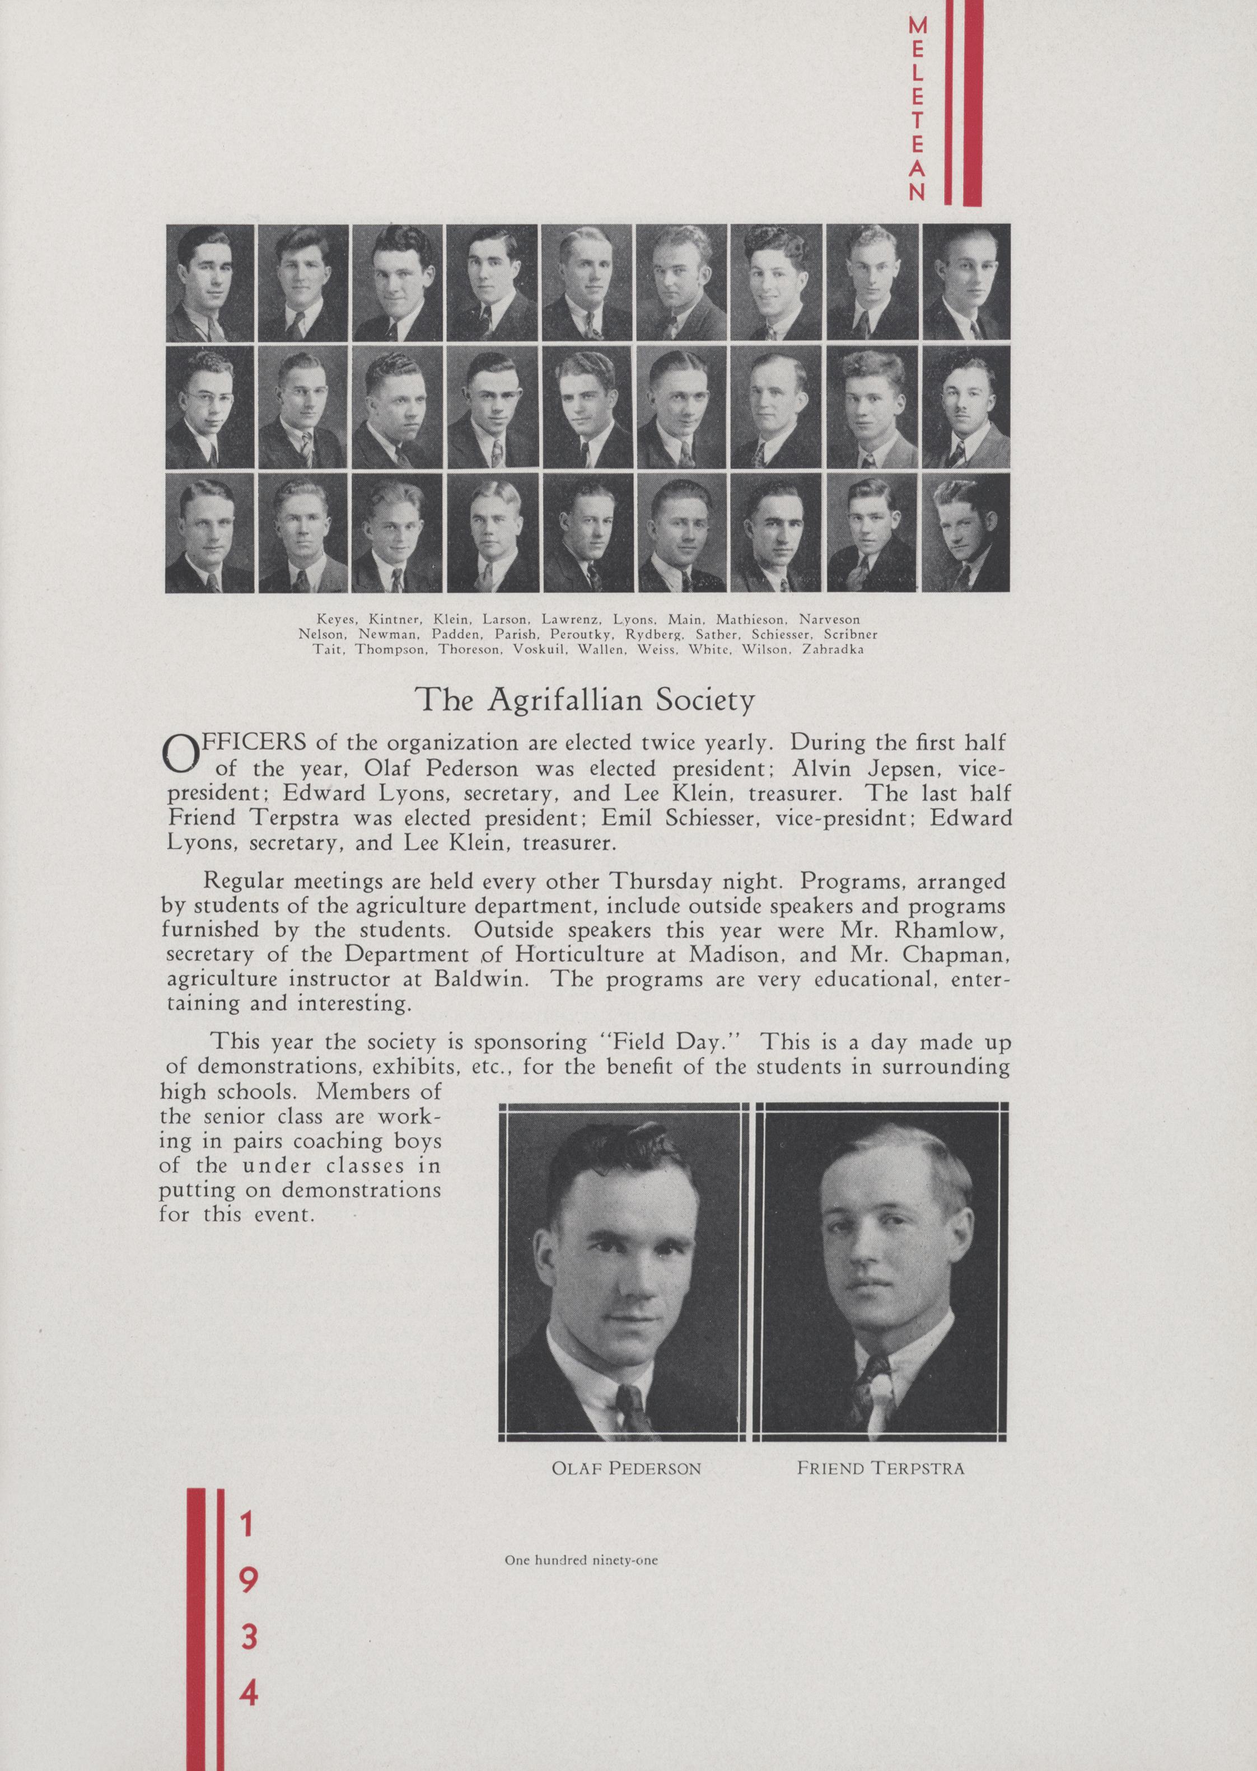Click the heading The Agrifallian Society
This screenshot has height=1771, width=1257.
(585, 700)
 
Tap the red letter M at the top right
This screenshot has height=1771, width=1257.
(917, 26)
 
